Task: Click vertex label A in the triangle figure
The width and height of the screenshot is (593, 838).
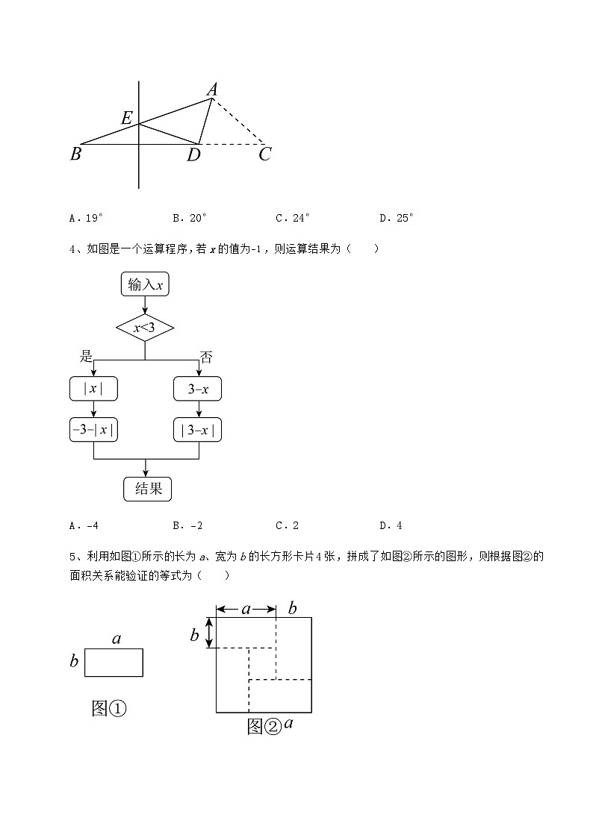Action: click(212, 90)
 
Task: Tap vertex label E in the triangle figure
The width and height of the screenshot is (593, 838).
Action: click(127, 118)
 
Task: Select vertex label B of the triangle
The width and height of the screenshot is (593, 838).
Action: click(75, 154)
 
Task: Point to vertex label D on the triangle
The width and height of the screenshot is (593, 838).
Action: click(193, 154)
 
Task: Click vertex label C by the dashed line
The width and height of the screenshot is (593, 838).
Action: click(264, 154)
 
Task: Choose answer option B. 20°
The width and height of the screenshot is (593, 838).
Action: click(190, 218)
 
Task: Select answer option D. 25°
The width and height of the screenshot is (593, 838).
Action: click(397, 218)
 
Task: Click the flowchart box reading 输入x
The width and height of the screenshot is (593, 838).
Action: click(146, 284)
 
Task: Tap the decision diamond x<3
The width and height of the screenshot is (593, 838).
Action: click(145, 327)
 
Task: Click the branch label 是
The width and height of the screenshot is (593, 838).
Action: click(86, 357)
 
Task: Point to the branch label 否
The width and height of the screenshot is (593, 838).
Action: click(206, 357)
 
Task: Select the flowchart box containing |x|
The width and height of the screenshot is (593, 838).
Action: click(93, 389)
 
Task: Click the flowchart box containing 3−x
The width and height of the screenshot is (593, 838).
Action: click(198, 389)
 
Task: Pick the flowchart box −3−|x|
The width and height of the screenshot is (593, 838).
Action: click(93, 430)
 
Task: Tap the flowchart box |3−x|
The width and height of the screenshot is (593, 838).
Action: click(198, 430)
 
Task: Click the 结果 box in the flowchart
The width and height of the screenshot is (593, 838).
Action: click(147, 489)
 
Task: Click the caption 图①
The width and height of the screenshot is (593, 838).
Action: click(108, 708)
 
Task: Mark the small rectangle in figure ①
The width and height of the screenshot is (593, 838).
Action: click(114, 662)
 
